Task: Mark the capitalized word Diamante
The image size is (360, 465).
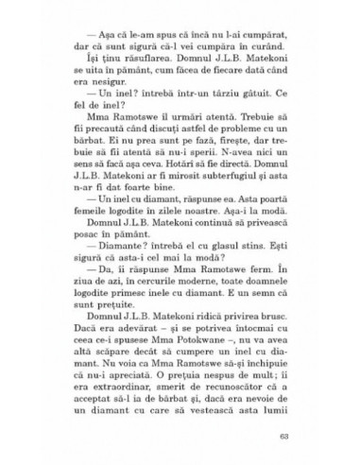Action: click(99, 294)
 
